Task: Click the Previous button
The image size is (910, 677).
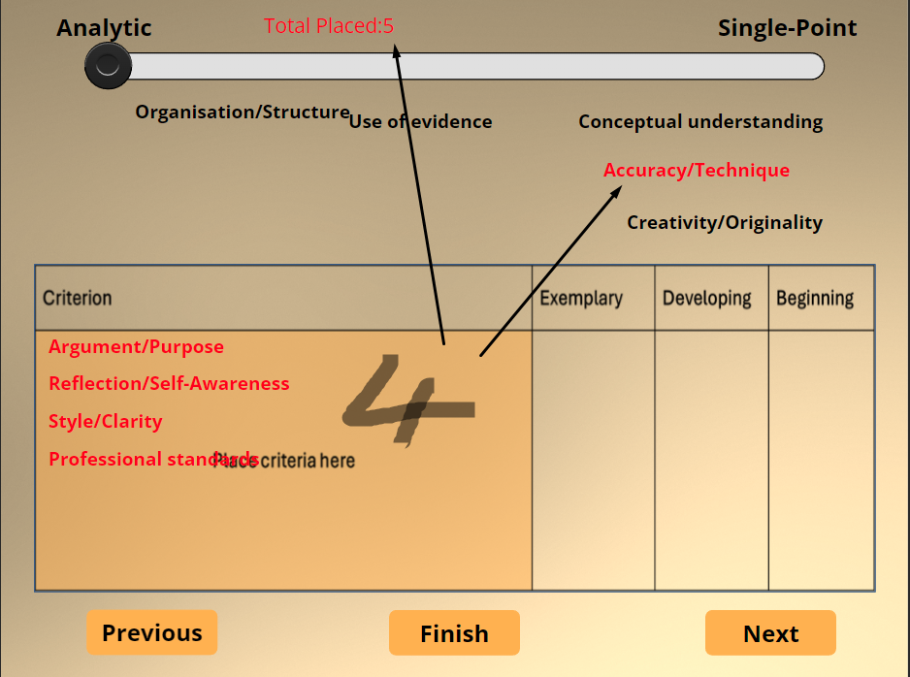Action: tap(152, 633)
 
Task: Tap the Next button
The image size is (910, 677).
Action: tap(770, 633)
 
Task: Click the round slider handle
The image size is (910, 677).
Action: tap(108, 66)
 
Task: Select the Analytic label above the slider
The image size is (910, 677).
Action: tap(104, 28)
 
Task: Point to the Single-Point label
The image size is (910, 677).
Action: tap(787, 28)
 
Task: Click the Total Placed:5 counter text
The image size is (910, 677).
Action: tap(328, 26)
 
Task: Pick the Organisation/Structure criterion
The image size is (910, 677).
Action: tap(242, 113)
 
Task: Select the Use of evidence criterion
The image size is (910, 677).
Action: tap(420, 122)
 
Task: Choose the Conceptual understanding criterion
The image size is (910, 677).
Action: tap(700, 122)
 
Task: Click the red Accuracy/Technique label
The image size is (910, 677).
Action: tap(696, 171)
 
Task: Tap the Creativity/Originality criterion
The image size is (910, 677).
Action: tap(724, 223)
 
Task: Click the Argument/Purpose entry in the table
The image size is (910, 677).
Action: tap(136, 347)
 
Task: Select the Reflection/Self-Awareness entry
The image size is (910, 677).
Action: tap(169, 384)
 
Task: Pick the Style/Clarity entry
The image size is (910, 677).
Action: tap(105, 422)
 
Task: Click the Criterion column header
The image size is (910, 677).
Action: tap(78, 298)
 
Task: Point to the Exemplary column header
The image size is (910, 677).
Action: tap(581, 298)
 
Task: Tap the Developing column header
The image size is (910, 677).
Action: tap(706, 298)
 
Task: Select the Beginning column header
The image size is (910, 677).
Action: tap(815, 298)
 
